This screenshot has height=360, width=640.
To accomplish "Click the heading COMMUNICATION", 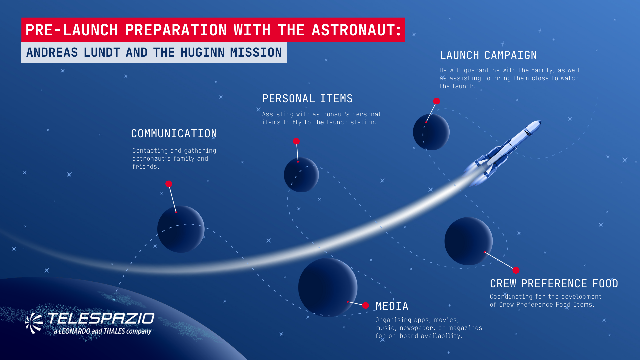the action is point(174,134).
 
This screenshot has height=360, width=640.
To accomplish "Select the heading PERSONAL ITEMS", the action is point(307,99).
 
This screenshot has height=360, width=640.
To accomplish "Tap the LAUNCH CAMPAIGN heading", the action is point(488,55).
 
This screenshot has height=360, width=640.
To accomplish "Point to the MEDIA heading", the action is point(392,306).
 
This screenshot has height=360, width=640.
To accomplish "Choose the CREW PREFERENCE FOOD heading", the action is point(554,284).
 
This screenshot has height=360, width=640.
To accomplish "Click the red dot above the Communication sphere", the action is point(169,184).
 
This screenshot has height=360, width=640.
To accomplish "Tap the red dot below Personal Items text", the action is point(296,141).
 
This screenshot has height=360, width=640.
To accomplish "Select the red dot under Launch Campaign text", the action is point(436,101).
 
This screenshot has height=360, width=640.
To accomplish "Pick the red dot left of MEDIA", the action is point(366,305).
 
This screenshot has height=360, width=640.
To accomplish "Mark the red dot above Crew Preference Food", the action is point(516,270).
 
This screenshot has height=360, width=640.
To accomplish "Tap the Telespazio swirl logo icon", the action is point(34,323).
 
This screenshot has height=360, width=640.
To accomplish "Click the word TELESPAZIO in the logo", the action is point(101,319).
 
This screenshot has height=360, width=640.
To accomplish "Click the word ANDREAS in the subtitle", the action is point(52,53).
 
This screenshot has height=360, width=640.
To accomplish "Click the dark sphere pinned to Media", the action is point(328,287).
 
